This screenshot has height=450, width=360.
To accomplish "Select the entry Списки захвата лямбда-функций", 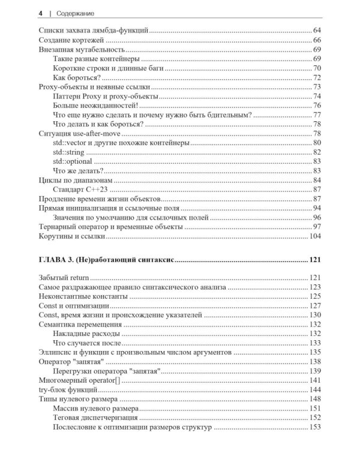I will point(93,29).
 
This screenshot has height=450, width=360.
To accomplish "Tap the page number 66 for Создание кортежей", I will point(317,40).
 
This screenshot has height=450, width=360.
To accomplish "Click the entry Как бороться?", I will point(76,78).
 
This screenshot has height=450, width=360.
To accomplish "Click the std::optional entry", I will point(73,161).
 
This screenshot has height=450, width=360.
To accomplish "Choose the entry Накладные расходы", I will point(86,334).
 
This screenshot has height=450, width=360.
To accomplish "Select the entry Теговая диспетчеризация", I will point(95,418).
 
